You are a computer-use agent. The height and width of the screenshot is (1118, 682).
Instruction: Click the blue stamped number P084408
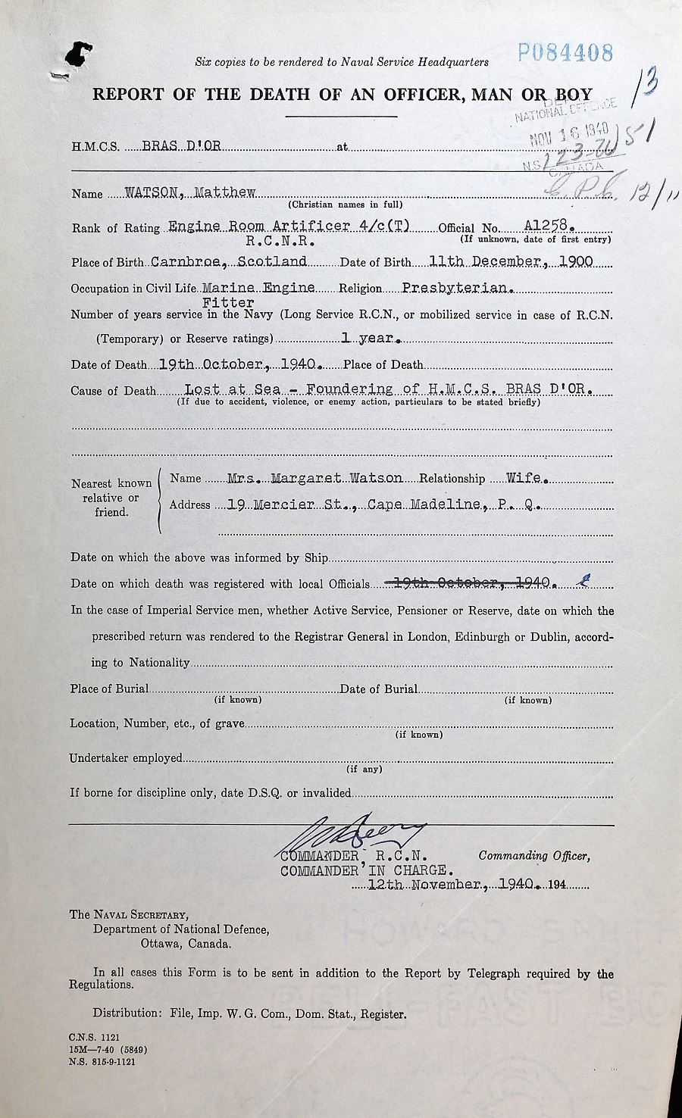tap(565, 52)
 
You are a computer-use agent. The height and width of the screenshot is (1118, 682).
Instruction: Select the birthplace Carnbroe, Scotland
tap(228, 261)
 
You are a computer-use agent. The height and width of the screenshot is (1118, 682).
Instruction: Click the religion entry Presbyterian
tap(458, 288)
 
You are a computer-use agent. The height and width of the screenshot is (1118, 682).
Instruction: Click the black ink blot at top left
tap(78, 55)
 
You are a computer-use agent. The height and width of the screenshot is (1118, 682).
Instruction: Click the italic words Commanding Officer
tap(533, 856)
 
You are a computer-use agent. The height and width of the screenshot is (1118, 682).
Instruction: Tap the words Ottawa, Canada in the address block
tap(186, 944)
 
